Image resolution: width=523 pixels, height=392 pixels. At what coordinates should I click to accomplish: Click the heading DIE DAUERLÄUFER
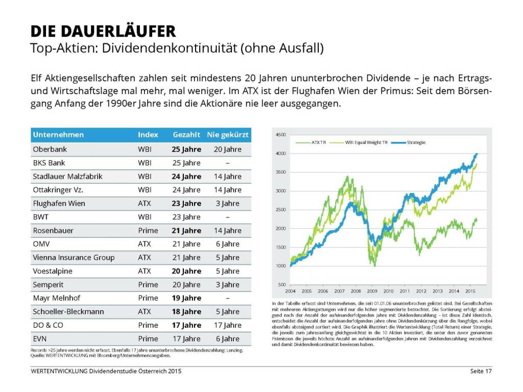(x=103, y=31)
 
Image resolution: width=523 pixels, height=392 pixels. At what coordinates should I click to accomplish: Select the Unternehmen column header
(x=58, y=135)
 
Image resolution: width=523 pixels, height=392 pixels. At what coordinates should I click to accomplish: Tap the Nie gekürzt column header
(x=227, y=135)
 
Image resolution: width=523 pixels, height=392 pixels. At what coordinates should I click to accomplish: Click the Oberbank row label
(x=50, y=150)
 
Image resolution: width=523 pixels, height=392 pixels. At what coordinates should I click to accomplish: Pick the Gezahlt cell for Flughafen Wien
(x=186, y=203)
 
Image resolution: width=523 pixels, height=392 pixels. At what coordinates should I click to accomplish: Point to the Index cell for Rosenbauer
(x=148, y=230)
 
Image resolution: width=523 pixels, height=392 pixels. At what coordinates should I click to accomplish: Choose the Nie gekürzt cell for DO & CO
(x=227, y=325)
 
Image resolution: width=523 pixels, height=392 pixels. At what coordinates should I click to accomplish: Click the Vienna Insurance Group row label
(x=74, y=257)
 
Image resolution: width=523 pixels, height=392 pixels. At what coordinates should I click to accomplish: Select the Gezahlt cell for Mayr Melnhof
(x=186, y=298)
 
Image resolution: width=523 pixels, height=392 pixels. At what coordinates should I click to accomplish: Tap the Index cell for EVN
(x=148, y=338)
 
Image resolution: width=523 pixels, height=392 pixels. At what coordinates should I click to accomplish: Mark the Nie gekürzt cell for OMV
(x=227, y=244)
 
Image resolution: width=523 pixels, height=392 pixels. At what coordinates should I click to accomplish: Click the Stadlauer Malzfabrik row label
(x=67, y=177)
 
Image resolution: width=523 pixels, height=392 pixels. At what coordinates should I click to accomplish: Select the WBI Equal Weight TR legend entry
(x=367, y=142)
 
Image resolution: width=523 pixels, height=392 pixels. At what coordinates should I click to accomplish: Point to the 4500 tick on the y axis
(x=280, y=135)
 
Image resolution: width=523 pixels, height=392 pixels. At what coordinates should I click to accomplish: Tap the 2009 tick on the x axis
(x=372, y=291)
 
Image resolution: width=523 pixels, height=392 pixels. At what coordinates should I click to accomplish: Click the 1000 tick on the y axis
(x=280, y=266)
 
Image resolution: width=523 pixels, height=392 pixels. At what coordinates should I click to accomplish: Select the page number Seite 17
(x=481, y=371)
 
